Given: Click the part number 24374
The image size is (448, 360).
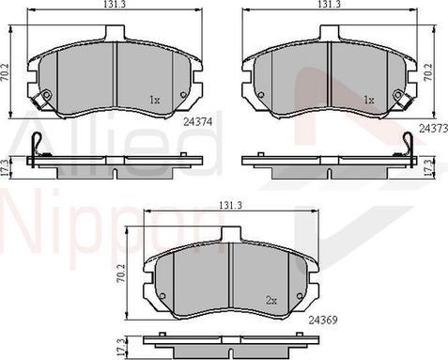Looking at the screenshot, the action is pos(198,122).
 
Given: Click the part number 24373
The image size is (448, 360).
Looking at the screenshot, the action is pos(434,128).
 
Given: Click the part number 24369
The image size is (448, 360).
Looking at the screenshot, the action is pos(323,320).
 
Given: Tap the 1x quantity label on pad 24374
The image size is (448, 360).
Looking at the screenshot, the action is pos(155,100).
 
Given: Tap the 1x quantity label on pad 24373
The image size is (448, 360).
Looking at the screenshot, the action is pos(369,100).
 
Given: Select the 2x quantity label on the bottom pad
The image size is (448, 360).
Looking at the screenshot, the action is pos(271,301).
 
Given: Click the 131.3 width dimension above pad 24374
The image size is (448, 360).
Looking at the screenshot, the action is pos(116,5).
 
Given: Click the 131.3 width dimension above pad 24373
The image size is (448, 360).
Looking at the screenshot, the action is pos(329,5).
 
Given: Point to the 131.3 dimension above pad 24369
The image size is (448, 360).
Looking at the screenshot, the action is pos(231,205).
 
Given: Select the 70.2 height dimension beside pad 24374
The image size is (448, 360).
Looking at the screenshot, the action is pos(6,72).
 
